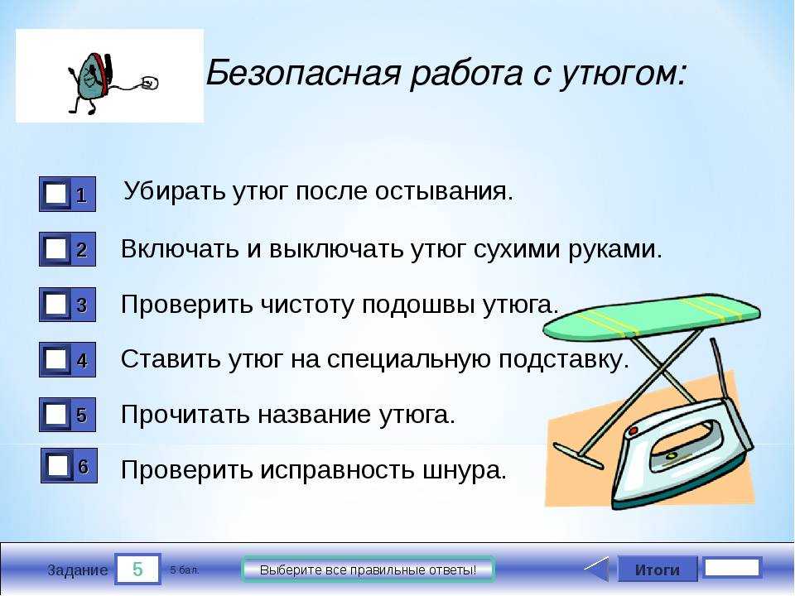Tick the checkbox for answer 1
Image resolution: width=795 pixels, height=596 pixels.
[x=55, y=194]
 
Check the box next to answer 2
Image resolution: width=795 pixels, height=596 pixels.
[x=55, y=249]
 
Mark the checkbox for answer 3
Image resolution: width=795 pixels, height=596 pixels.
[x=55, y=304]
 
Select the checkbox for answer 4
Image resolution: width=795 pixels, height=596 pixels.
[x=55, y=359]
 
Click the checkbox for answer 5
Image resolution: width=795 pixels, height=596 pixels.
[x=55, y=415]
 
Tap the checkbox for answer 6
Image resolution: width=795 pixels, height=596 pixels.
[x=57, y=465]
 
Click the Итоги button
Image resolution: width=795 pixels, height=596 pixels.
[x=657, y=570]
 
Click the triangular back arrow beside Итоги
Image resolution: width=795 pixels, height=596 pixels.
[x=598, y=570]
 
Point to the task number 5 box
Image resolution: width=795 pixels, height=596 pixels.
[x=137, y=570]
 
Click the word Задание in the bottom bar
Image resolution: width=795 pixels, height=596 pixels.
[x=78, y=570]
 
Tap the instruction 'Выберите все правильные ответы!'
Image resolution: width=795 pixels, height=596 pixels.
[x=368, y=570]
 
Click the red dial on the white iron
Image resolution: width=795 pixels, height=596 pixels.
[x=633, y=431]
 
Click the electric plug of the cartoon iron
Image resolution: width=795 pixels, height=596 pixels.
[x=149, y=83]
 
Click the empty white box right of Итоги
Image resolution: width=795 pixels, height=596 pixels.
[x=733, y=568]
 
